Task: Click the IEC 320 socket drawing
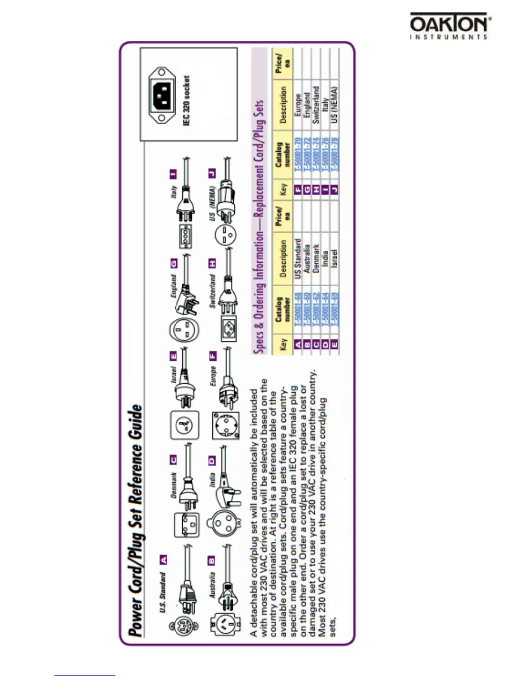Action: point(162,95)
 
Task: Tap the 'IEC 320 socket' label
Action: point(187,101)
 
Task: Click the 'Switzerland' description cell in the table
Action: point(316,105)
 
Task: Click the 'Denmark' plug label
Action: point(174,485)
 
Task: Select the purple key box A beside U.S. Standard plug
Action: point(163,559)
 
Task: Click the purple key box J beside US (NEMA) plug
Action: point(211,173)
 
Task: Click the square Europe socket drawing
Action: point(226,425)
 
